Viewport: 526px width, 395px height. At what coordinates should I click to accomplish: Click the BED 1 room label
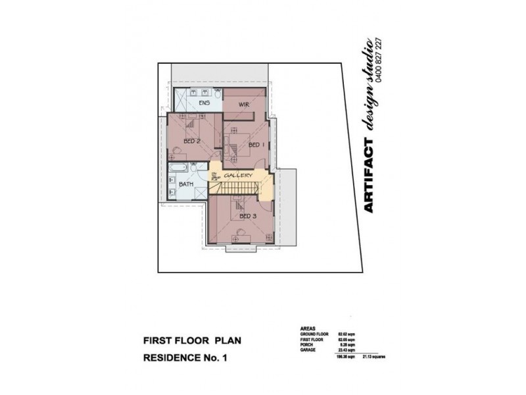[x=257, y=145]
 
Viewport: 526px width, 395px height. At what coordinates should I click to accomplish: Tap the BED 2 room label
[x=191, y=141]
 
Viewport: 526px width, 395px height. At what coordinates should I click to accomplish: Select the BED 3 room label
[x=248, y=217]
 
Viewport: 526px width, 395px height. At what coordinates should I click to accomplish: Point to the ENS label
[x=204, y=103]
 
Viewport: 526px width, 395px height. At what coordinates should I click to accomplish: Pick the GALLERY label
[x=238, y=176]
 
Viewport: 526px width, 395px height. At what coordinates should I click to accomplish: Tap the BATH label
[x=186, y=184]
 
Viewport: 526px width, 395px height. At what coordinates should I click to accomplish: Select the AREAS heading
[x=307, y=327]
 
